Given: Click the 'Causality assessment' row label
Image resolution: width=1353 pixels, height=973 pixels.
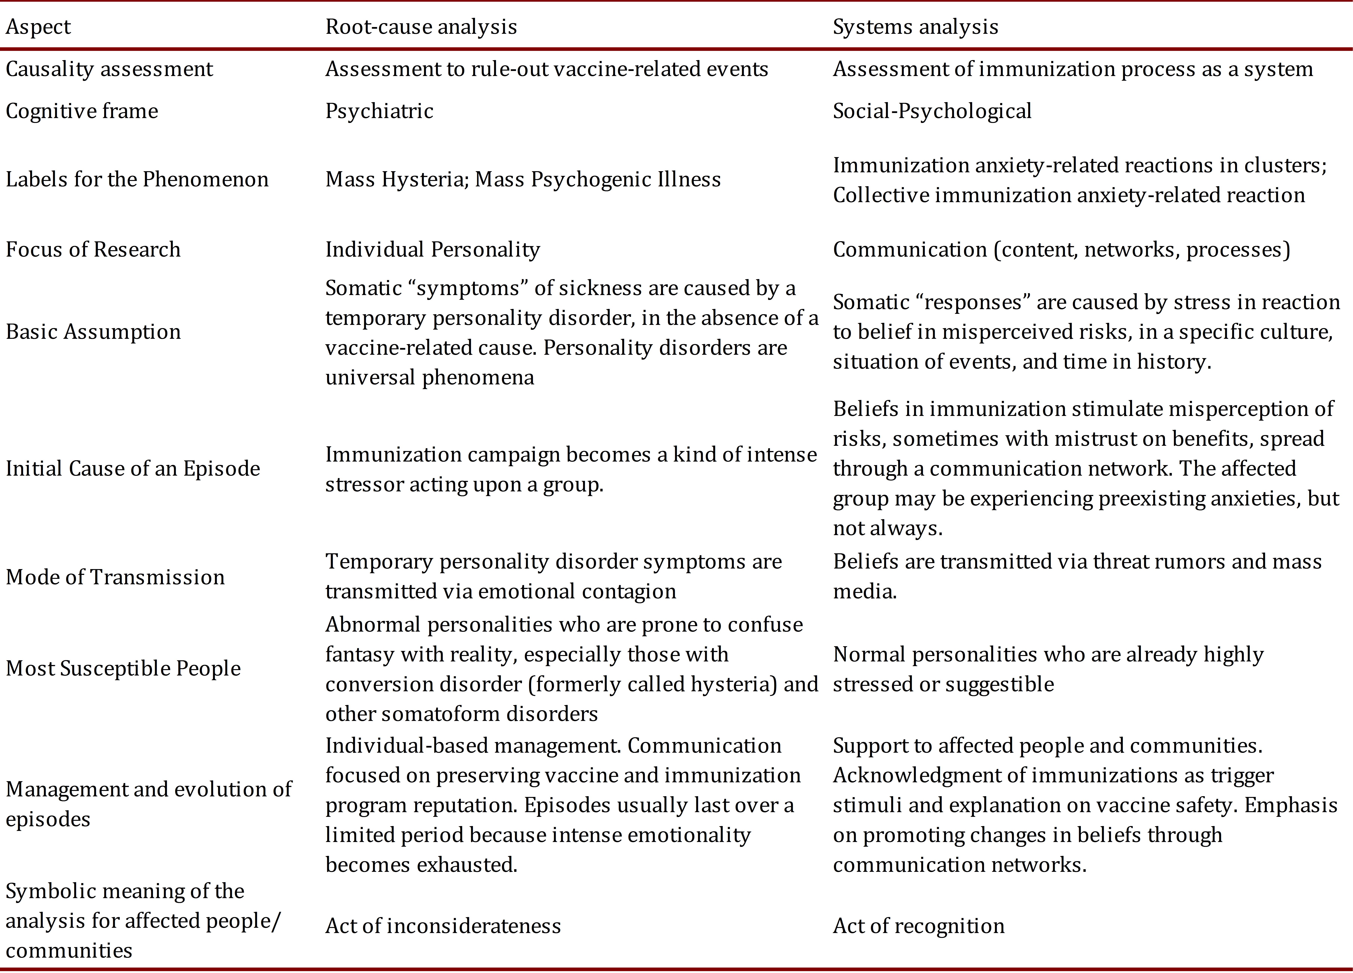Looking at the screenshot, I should (109, 69).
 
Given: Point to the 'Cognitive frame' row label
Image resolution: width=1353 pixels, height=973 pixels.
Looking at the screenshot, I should (82, 111).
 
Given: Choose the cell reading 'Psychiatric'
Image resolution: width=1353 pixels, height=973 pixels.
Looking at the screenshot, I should (379, 111).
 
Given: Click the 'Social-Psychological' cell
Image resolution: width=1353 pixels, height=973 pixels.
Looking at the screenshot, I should (932, 111).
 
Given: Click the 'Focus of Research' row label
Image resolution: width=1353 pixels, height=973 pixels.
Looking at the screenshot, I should (93, 249).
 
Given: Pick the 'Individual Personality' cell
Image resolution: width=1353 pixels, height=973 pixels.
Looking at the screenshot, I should (432, 249).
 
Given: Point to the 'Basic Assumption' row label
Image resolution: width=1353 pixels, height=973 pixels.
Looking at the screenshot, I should (93, 332).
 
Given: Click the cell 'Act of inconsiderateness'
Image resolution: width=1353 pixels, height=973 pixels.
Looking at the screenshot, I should (443, 926).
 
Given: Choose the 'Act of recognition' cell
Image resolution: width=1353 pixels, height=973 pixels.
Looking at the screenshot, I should (919, 926).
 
